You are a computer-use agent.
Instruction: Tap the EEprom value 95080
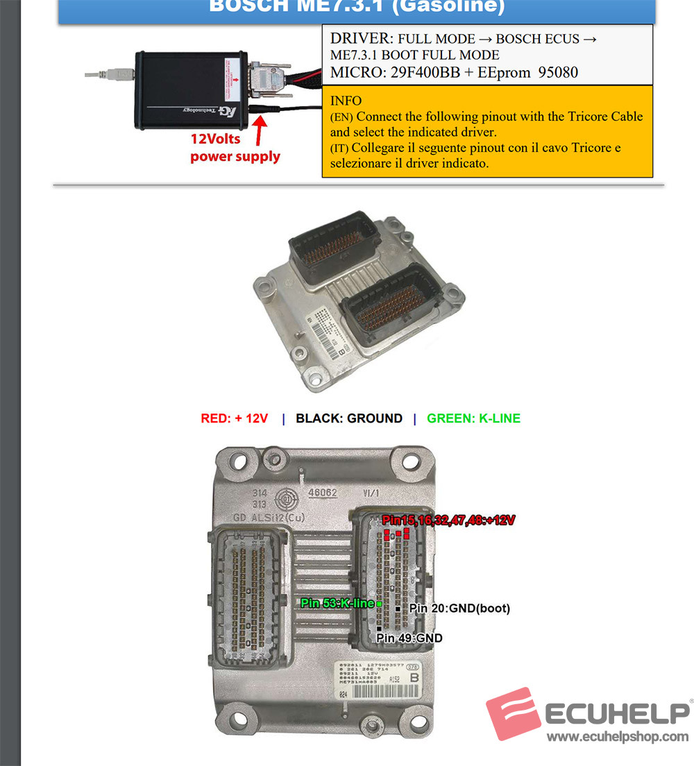tap(558, 71)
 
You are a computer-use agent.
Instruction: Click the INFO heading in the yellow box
tap(346, 101)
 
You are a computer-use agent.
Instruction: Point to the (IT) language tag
tap(341, 148)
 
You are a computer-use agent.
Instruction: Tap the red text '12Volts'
tap(215, 139)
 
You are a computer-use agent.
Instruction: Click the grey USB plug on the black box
tap(119, 72)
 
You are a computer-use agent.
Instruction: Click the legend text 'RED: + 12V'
tap(234, 418)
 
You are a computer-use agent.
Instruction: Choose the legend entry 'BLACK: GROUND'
tap(348, 418)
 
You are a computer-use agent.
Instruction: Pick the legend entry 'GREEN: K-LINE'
tap(473, 418)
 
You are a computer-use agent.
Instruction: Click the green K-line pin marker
tap(379, 604)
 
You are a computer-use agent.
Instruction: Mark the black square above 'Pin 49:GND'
tap(378, 629)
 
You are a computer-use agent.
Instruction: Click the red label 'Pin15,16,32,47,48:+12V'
tap(448, 520)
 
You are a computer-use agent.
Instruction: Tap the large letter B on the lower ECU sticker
tap(415, 677)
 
